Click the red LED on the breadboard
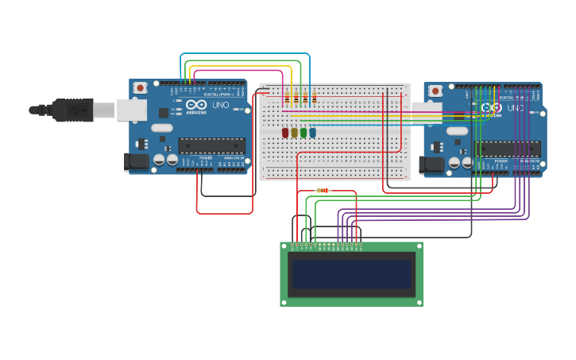(x=285, y=133)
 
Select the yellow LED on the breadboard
(x=294, y=133)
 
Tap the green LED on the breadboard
(x=303, y=133)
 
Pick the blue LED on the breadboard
(x=312, y=133)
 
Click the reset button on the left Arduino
(x=140, y=87)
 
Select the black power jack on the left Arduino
(x=137, y=162)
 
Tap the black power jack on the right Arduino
(x=431, y=165)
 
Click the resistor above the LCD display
(x=323, y=191)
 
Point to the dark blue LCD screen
(x=351, y=274)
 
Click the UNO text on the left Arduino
(x=221, y=105)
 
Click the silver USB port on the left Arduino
(x=132, y=110)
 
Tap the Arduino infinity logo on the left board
(x=196, y=105)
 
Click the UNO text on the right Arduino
(x=516, y=108)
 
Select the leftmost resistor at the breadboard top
(x=287, y=99)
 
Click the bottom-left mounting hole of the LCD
(x=284, y=301)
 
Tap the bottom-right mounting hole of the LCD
(x=419, y=301)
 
